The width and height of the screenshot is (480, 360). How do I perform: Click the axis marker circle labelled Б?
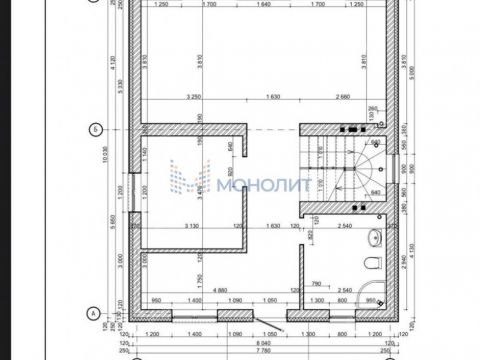coord(93,128)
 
